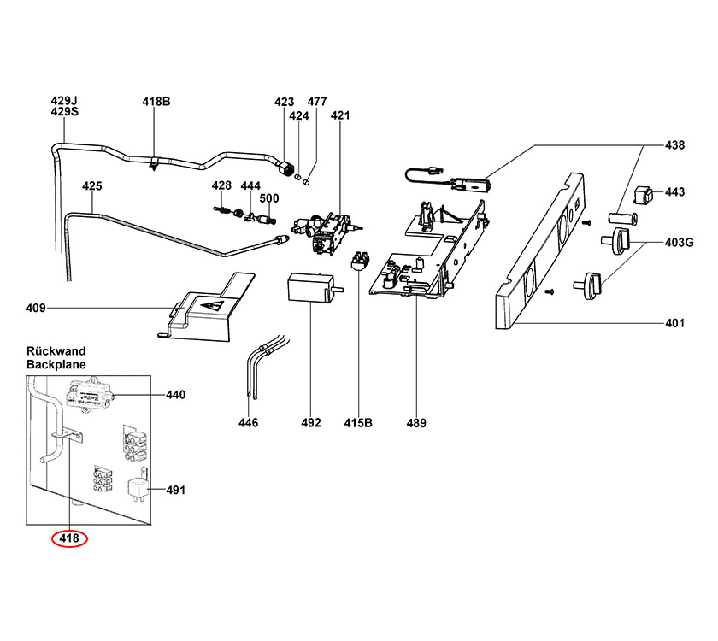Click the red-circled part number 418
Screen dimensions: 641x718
(69, 538)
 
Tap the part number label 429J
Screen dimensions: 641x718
(64, 101)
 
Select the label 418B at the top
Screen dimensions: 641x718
(156, 102)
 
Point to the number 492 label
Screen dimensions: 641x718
(310, 422)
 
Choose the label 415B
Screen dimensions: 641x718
(358, 422)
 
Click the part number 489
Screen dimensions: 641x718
(416, 422)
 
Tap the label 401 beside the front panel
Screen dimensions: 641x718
(674, 324)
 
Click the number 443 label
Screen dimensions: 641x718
(674, 192)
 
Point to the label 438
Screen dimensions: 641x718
(674, 145)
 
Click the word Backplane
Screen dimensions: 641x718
(56, 364)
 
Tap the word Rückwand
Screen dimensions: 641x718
(56, 351)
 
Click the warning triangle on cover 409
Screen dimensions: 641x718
(214, 304)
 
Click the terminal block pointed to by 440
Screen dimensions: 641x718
(89, 395)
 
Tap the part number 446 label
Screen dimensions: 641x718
(248, 422)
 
